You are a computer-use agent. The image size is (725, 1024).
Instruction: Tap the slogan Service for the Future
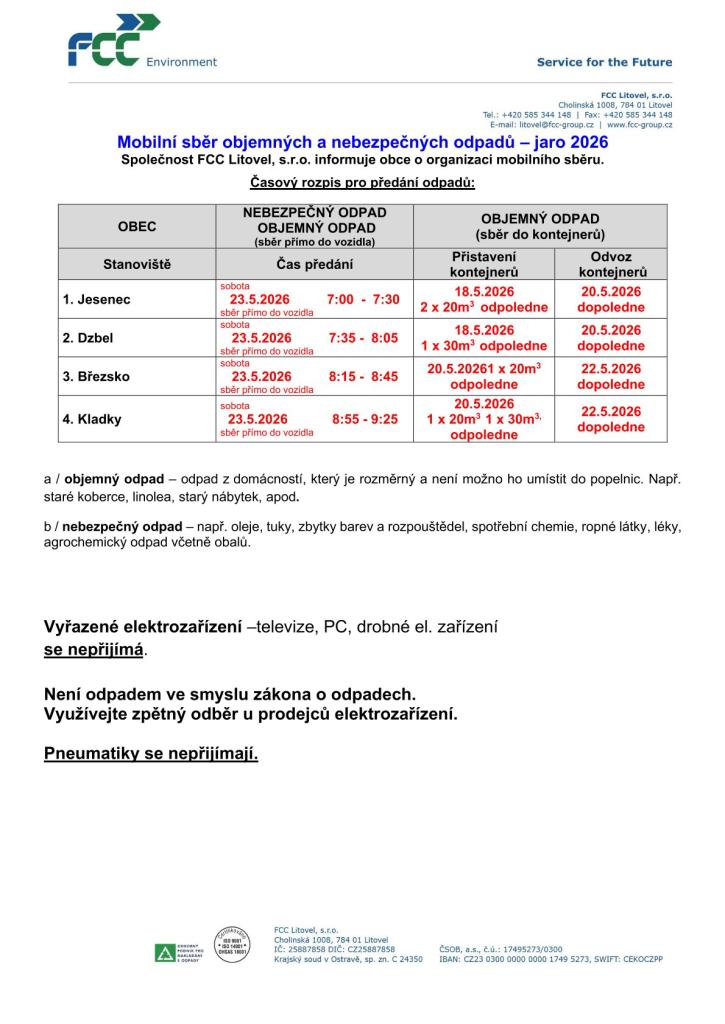[604, 62]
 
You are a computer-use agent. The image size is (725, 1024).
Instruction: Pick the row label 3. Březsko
[96, 377]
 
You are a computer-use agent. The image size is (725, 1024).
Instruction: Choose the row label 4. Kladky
[92, 419]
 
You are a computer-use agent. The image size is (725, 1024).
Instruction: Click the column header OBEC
[137, 227]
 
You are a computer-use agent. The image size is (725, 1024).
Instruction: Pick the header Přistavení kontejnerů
[484, 264]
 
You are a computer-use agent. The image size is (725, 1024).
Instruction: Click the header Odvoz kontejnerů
[612, 264]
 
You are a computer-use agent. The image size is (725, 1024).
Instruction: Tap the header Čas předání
[314, 265]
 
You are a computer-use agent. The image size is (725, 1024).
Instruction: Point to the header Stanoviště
[137, 265]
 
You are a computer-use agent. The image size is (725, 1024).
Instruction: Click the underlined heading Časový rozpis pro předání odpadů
[362, 182]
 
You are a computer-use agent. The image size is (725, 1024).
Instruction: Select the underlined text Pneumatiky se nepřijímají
[151, 753]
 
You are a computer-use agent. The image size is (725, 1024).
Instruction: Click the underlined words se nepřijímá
[94, 649]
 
